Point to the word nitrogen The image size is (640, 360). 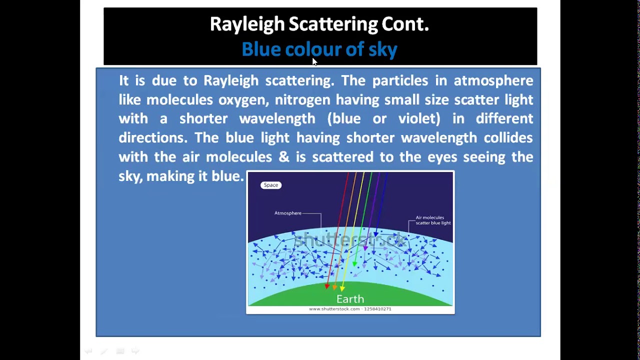[x=302, y=100]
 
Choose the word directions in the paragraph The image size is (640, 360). [x=152, y=138]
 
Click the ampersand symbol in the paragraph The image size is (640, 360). [x=283, y=157]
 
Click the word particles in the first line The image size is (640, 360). [x=400, y=81]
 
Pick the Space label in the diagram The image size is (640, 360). [x=271, y=185]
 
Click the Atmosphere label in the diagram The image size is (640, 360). [x=288, y=213]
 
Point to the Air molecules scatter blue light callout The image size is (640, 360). [x=433, y=220]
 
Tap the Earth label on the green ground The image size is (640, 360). [x=350, y=299]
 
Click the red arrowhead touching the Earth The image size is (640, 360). [x=327, y=286]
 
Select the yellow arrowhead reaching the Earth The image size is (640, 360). [x=342, y=288]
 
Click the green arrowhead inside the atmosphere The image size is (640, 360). [x=355, y=263]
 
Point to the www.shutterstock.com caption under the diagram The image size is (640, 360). [x=350, y=309]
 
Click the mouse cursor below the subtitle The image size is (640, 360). [x=314, y=61]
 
